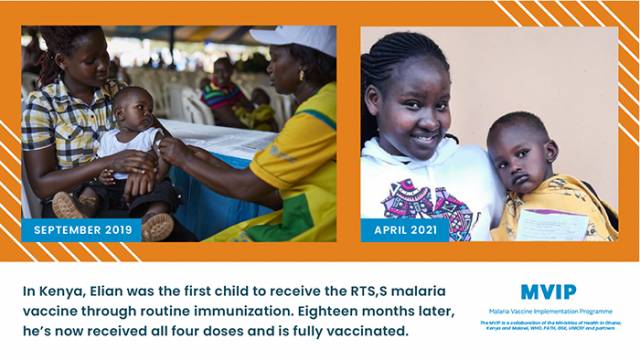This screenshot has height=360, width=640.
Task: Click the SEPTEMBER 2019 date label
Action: pyautogui.click(x=82, y=230)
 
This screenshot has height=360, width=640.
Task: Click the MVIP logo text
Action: pyautogui.click(x=547, y=292)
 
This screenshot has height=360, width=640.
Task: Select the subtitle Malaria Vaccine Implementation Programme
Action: pyautogui.click(x=548, y=312)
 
